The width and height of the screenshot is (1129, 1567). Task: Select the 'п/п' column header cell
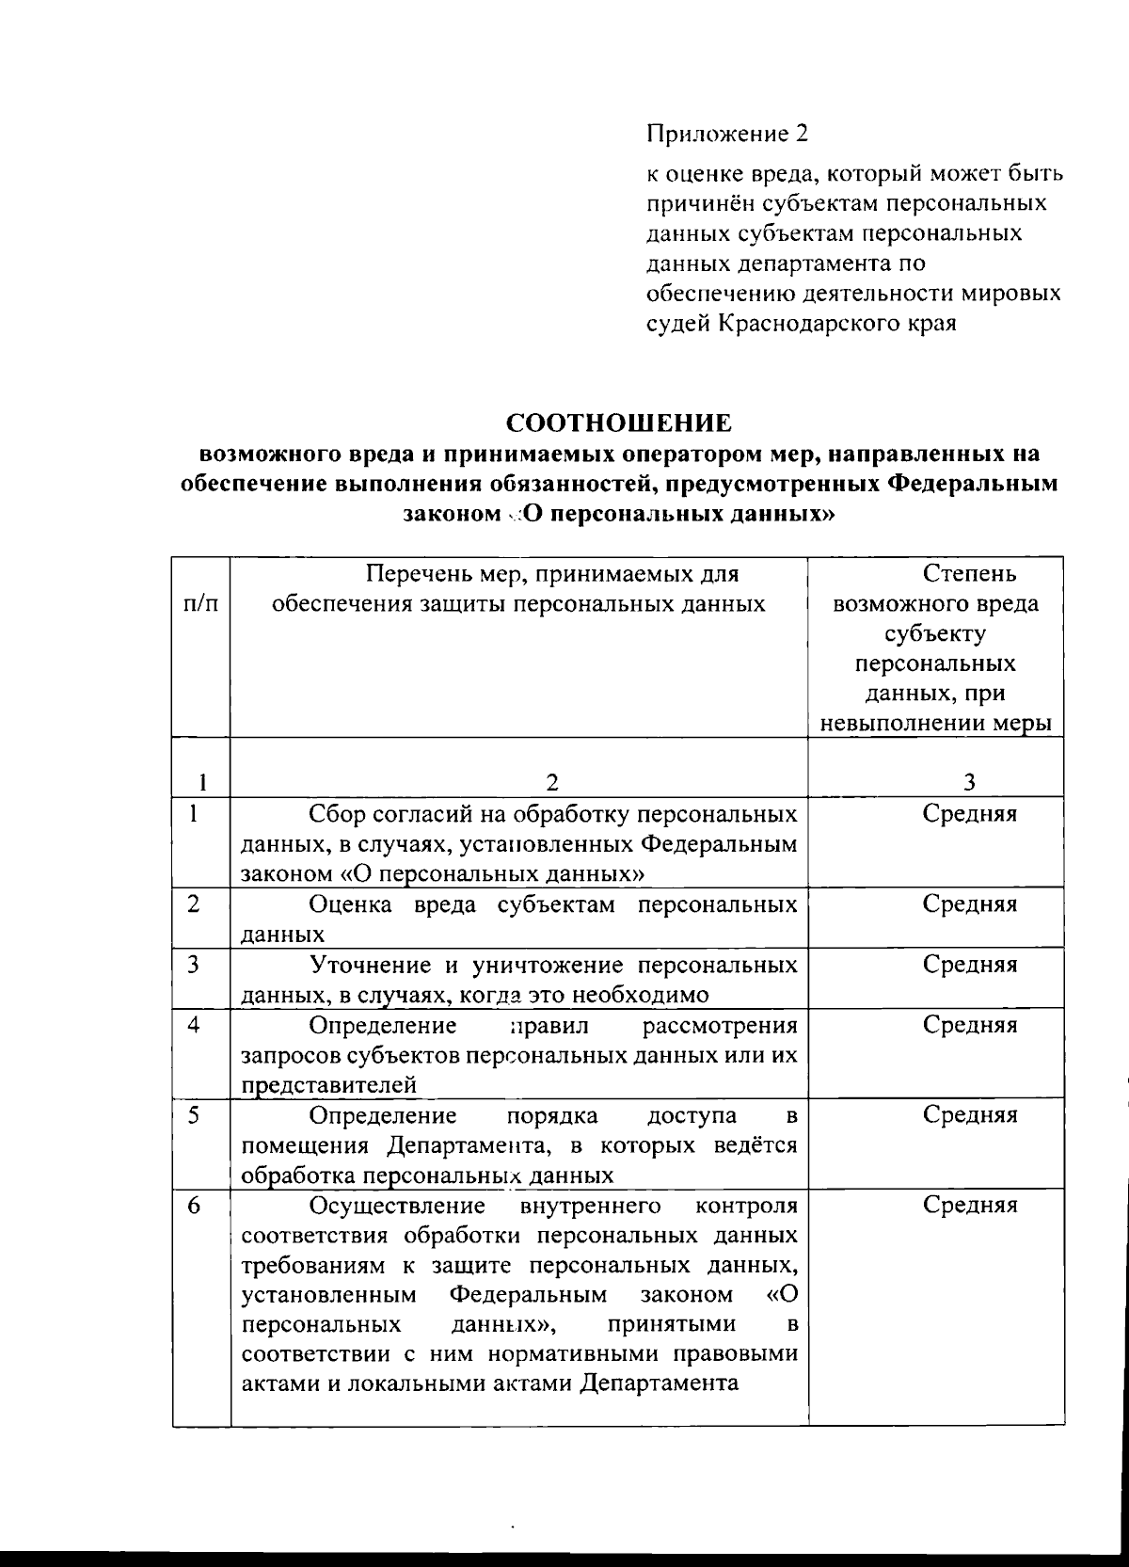coord(201,603)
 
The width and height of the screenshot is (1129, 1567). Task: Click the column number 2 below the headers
coord(552,782)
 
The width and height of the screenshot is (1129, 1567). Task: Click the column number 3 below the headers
coord(969,782)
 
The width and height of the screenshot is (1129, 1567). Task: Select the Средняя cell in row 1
coord(969,814)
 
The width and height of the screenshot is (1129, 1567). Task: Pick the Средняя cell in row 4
coord(969,1025)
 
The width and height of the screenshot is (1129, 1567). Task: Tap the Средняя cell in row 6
coord(969,1206)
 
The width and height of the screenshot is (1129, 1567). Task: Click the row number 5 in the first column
coord(194,1114)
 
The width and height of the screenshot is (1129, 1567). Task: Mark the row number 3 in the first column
coord(194,964)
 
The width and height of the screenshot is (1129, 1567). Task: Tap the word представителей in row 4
coord(329,1085)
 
